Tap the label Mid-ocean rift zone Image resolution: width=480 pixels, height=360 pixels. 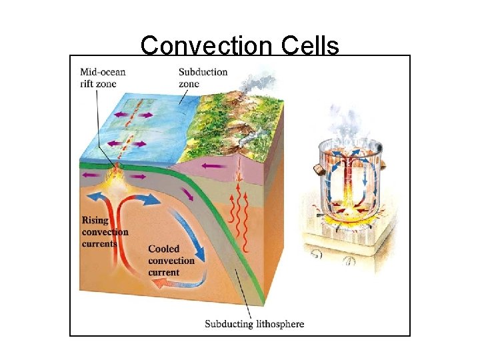(103, 77)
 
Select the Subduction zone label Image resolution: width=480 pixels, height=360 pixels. (203, 78)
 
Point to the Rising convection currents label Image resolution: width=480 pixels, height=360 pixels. (105, 232)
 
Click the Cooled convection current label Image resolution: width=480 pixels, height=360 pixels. (171, 261)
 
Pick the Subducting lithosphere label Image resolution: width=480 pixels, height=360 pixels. (254, 325)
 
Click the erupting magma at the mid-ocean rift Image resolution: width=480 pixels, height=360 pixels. (117, 175)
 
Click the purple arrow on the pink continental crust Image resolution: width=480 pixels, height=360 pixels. (214, 165)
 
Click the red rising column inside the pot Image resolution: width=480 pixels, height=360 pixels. (347, 180)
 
